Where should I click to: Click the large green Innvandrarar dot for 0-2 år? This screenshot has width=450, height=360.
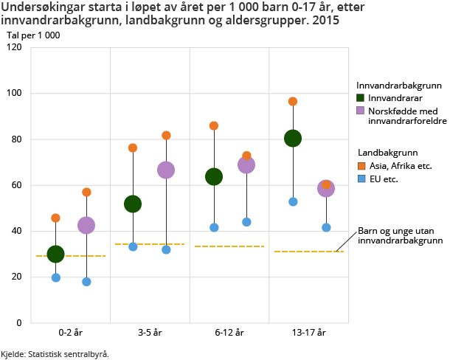55,254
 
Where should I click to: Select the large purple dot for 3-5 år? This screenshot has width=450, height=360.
166,170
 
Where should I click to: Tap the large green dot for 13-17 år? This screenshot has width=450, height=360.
293,138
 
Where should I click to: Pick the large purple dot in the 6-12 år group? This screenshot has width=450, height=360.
246,165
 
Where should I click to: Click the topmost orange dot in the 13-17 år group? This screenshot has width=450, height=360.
293,101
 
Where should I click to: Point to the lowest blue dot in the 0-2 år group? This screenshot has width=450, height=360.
86,282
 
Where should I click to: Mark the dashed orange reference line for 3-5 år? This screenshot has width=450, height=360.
150,244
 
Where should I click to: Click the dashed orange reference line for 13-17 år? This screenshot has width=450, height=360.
308,252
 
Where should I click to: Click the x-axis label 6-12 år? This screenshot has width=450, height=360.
229,333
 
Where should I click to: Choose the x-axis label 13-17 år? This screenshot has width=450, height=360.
308,333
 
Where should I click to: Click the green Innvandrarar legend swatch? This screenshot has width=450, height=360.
361,97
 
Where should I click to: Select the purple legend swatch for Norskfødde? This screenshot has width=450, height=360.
361,110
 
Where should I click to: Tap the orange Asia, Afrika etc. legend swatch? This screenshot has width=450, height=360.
360,165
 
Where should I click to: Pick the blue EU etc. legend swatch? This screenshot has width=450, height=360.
360,179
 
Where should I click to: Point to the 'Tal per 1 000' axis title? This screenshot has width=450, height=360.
33,35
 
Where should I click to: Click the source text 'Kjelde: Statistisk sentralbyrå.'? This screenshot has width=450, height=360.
55,354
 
